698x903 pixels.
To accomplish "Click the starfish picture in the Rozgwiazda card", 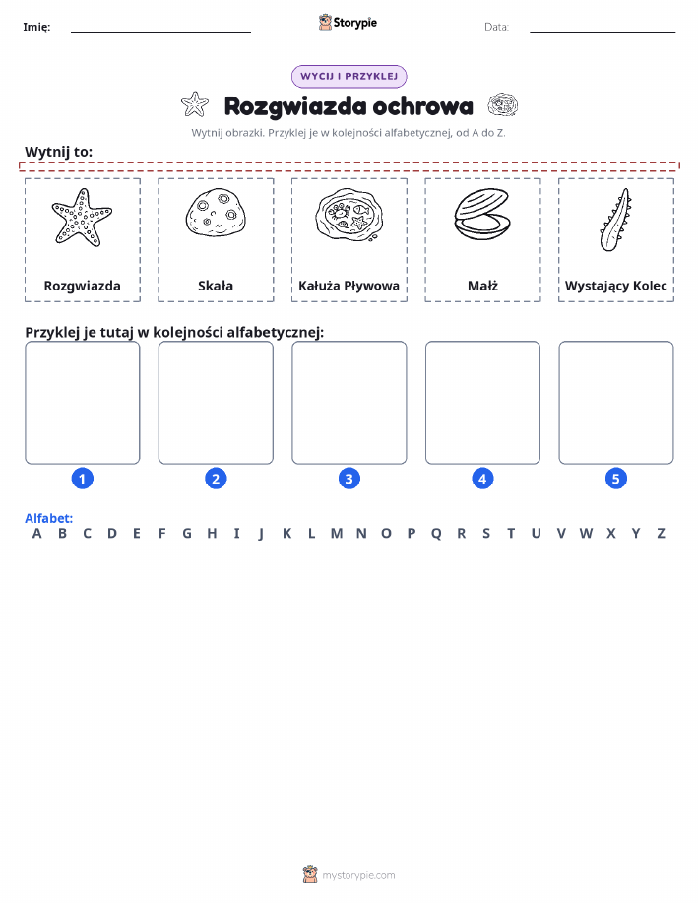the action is [x=82, y=218].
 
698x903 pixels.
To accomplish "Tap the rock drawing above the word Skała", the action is [x=216, y=212].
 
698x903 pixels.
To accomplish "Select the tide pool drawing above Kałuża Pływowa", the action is [x=349, y=215].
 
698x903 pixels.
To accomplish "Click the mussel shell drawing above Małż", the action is [x=482, y=215].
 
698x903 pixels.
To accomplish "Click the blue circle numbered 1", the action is [x=83, y=479].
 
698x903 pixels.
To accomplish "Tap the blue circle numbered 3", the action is [x=349, y=479].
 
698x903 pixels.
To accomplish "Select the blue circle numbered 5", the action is [x=615, y=479].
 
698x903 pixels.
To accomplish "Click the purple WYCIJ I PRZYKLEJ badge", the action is [x=349, y=76].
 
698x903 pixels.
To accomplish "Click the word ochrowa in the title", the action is [x=422, y=106].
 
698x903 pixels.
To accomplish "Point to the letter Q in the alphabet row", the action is [x=436, y=534].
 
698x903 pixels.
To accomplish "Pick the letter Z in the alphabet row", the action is [x=662, y=534].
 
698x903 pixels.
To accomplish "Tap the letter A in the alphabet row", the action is [x=36, y=534].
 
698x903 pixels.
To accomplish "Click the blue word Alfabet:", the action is [x=49, y=518].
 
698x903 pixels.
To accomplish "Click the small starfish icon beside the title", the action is [x=195, y=104].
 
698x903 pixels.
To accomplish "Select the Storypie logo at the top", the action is [x=348, y=23].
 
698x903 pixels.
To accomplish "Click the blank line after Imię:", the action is [x=160, y=32].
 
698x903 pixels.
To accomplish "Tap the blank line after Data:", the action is [x=603, y=32].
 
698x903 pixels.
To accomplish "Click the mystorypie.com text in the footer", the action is [x=358, y=876].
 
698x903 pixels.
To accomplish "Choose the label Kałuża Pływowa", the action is [x=349, y=286].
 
